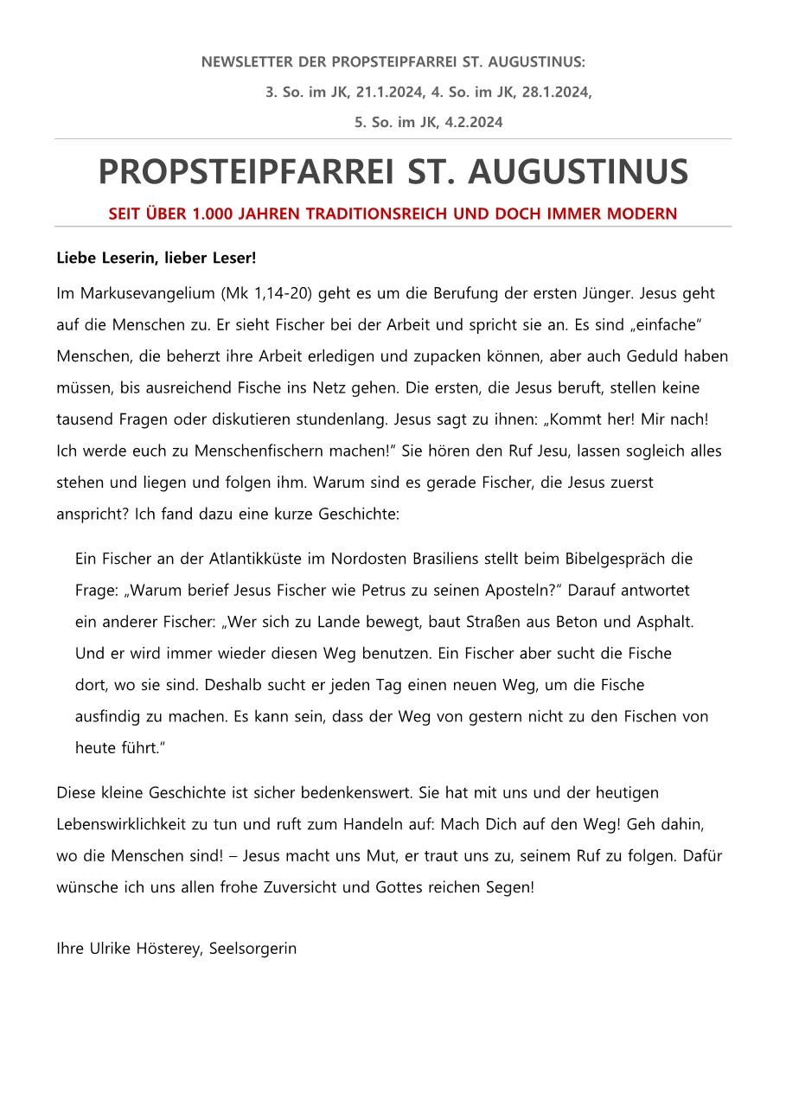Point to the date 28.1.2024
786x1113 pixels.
tap(557, 93)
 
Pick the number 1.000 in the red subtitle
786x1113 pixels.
tap(214, 214)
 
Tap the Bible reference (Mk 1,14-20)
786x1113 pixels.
tap(267, 293)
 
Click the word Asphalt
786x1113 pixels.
tap(663, 622)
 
